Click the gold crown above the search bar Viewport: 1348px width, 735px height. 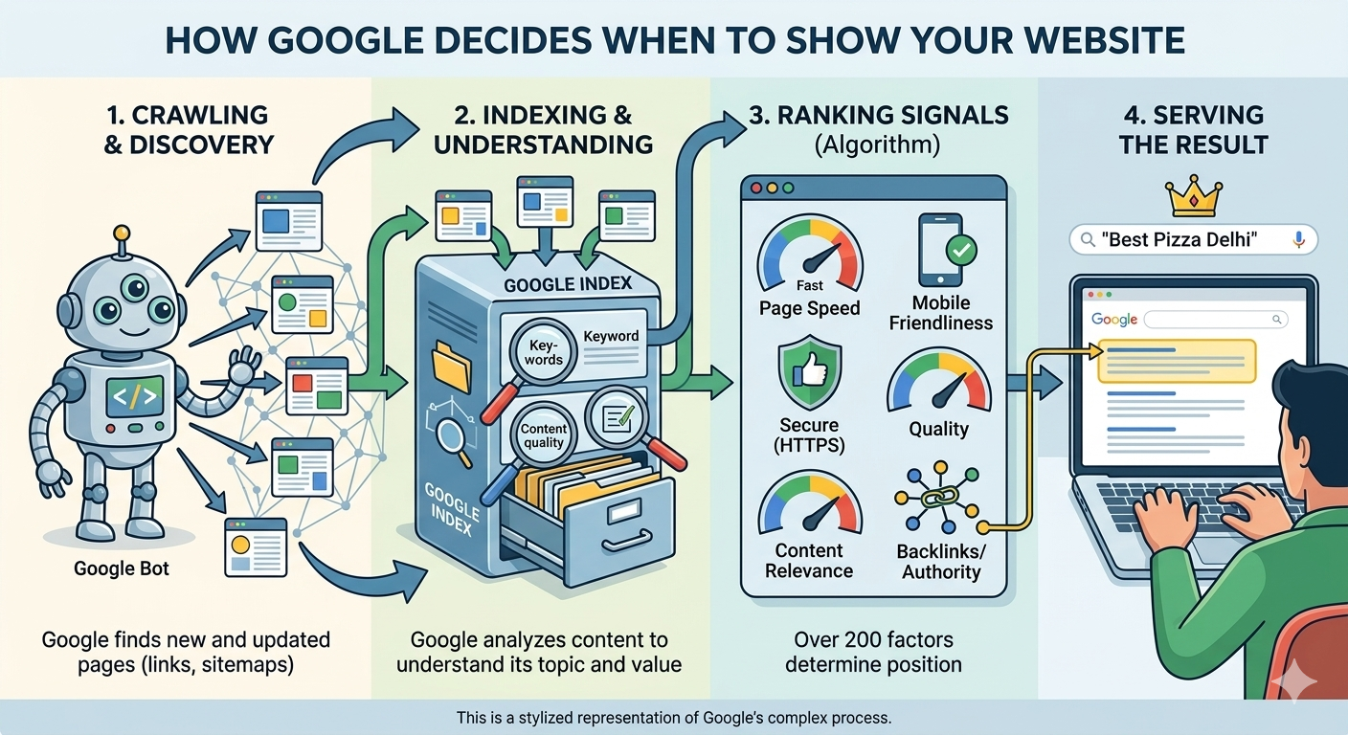click(1195, 198)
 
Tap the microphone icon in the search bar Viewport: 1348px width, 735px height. click(1299, 239)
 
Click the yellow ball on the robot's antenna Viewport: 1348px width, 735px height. click(121, 233)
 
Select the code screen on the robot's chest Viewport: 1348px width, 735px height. click(134, 394)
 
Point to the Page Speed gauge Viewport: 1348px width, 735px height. click(809, 254)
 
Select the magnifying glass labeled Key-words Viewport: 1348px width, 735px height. click(544, 353)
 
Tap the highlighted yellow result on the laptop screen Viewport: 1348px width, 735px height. click(1177, 361)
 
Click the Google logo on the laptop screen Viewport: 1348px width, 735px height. click(1114, 319)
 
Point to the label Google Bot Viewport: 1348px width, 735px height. click(122, 568)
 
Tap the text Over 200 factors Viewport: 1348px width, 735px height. click(873, 639)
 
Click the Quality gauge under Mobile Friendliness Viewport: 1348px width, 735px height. click(938, 383)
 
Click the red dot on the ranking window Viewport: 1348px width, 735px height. click(755, 189)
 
